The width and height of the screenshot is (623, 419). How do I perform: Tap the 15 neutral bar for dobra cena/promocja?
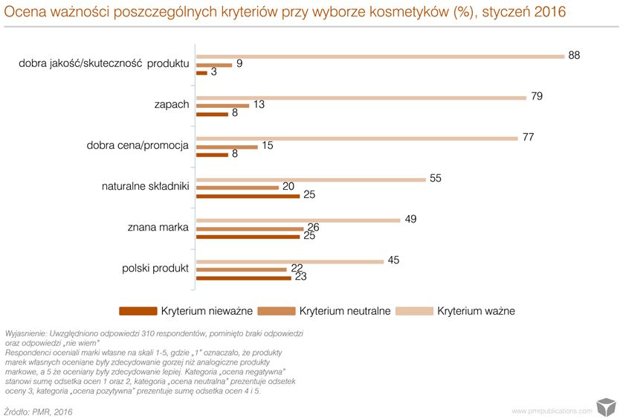[x=227, y=147]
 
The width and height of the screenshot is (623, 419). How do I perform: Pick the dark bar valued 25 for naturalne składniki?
[x=248, y=196]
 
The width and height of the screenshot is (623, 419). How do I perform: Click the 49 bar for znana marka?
[x=298, y=220]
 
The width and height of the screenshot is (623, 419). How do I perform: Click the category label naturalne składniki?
[x=146, y=186]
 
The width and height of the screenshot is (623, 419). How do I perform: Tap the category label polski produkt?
[x=155, y=268]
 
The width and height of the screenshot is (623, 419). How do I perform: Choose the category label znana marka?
[x=158, y=227]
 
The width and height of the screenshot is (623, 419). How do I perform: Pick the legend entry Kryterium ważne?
[x=476, y=311]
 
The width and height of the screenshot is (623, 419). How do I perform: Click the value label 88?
[x=573, y=56]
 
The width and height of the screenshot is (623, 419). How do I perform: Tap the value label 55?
[x=436, y=179]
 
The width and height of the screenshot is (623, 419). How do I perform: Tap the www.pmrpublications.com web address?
[x=552, y=410]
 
